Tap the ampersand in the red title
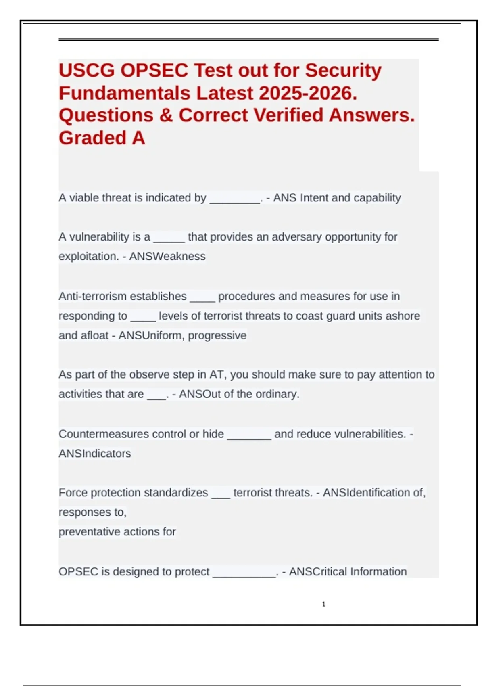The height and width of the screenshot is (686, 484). (x=166, y=115)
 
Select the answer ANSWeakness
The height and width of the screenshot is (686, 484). (x=167, y=257)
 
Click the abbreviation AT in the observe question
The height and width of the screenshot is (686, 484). (x=217, y=375)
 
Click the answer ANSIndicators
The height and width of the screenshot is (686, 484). (x=95, y=454)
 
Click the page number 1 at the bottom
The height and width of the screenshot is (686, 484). (x=323, y=604)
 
